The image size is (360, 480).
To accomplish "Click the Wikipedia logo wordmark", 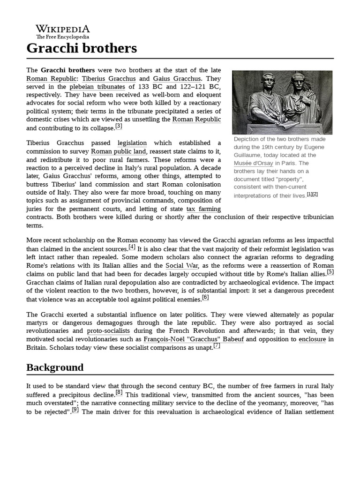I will click(x=63, y=29).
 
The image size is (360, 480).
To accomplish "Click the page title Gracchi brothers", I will click(x=82, y=48).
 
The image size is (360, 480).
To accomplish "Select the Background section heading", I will click(x=55, y=367).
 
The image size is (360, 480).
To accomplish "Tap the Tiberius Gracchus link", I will click(x=109, y=78).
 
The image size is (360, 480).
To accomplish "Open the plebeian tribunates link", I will click(x=97, y=87).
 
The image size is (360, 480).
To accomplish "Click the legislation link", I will click(x=132, y=142).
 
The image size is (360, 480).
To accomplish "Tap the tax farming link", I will click(x=203, y=209).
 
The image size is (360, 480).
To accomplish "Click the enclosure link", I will click(x=312, y=339).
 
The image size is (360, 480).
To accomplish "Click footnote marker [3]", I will click(x=119, y=126).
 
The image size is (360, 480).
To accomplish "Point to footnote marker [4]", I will click(x=132, y=247).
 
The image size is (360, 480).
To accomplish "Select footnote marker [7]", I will click(x=217, y=346).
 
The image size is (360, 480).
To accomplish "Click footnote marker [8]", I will click(x=119, y=393).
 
